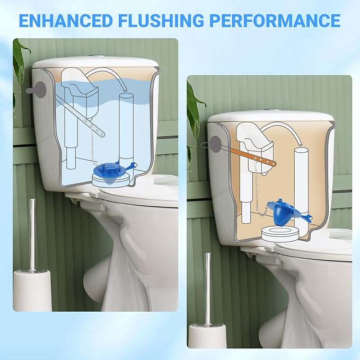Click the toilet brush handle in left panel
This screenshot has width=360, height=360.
(x=32, y=233)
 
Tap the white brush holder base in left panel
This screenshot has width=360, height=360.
(x=32, y=289)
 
